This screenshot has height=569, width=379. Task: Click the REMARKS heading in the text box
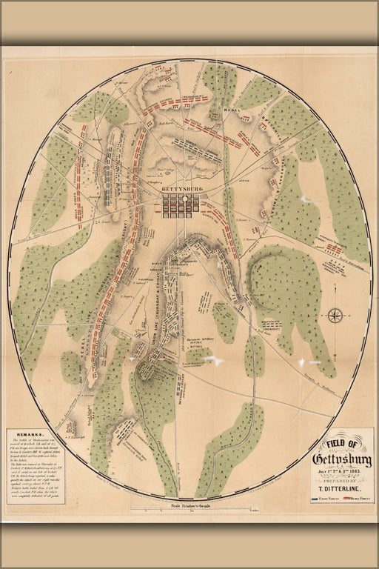[27, 436]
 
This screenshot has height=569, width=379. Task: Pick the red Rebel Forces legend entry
[356, 500]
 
